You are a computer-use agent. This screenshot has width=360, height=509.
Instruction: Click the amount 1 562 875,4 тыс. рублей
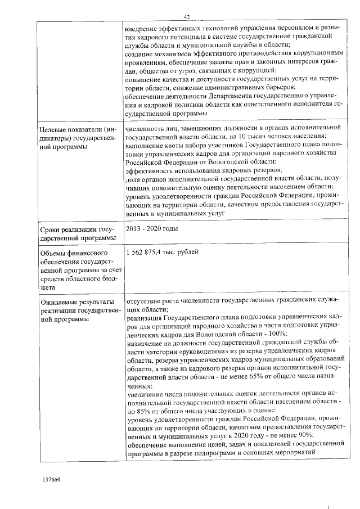click(x=163, y=253)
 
